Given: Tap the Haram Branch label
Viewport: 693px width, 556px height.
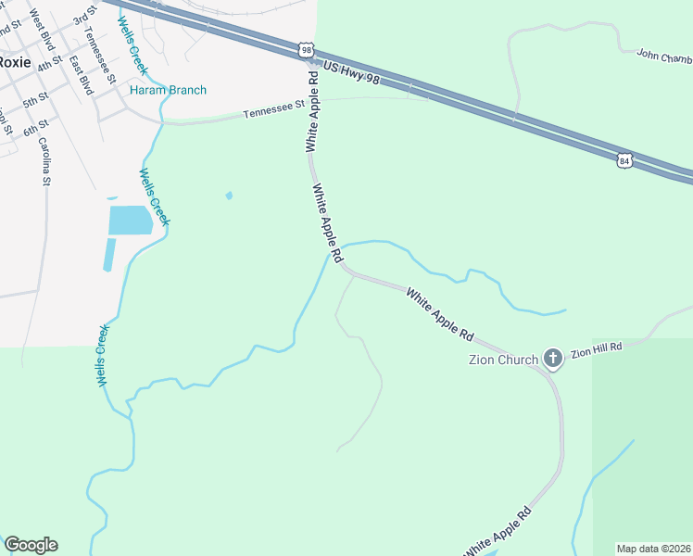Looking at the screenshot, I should [168, 90].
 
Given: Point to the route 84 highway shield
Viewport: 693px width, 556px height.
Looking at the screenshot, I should [625, 160].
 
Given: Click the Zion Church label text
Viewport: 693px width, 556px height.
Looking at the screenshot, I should [497, 359].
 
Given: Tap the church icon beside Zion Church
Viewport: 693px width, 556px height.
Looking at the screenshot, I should [553, 359].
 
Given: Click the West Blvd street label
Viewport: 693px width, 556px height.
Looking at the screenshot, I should [42, 31].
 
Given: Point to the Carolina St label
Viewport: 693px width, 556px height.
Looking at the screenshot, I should [44, 161].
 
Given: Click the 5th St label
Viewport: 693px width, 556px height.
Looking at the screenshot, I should [35, 99].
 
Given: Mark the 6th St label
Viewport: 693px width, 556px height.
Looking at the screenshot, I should [35, 125].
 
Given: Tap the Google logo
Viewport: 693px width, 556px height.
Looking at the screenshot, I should [31, 545].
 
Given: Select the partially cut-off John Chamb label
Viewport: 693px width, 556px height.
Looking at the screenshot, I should [663, 56].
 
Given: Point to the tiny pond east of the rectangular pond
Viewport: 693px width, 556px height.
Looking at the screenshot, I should [229, 196].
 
